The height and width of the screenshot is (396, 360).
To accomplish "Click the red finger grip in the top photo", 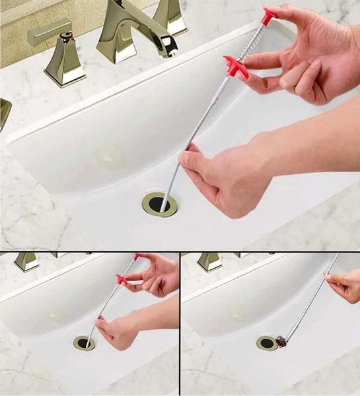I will pos(236,67).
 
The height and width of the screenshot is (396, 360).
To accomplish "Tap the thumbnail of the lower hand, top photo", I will pos(186,158).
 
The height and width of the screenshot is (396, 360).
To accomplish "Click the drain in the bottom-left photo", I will pos(84,343).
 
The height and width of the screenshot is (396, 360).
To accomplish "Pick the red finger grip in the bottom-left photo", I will pos(122,280).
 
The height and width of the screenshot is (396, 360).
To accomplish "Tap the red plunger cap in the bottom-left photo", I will pos(137,256).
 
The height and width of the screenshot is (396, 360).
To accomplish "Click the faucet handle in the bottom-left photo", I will pos(26,261).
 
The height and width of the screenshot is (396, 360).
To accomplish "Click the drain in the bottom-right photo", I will pos(267,343).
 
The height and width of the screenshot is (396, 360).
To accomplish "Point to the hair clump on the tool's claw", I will pos(281,341).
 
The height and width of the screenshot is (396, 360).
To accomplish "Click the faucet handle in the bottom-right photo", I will pos(209,261).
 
